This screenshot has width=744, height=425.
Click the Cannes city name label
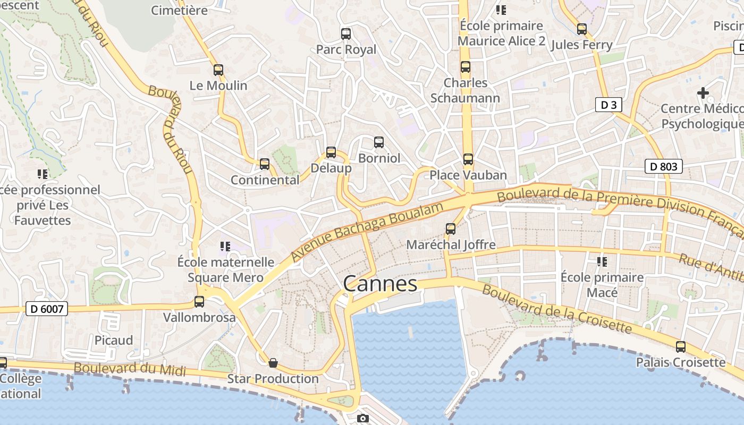[380, 284]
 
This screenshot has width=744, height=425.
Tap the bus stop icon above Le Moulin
[218, 70]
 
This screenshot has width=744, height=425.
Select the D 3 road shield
[608, 105]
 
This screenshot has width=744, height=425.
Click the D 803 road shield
[664, 166]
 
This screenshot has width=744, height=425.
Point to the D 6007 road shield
[47, 308]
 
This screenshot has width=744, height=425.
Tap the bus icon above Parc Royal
[346, 34]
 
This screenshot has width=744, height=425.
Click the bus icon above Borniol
[379, 142]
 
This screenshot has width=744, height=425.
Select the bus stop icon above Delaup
[331, 152]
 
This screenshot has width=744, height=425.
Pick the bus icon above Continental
[265, 164]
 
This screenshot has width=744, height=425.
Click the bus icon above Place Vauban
[468, 159]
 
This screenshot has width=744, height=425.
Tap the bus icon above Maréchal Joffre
[451, 229]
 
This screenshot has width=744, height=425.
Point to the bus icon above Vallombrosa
[199, 302]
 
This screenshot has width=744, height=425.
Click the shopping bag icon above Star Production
[273, 363]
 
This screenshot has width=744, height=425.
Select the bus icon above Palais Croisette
[681, 347]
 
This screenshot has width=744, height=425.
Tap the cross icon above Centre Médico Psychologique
[703, 93]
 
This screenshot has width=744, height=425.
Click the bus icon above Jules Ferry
[582, 29]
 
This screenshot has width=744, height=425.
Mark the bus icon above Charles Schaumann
[466, 67]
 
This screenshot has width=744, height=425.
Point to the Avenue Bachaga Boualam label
[367, 232]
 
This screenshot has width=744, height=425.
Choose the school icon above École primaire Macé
[602, 261]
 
